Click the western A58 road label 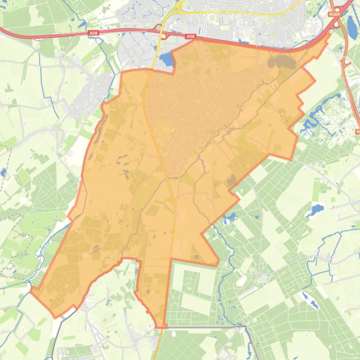(x=94, y=33)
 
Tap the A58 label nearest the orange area (x=190, y=36)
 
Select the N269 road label (x=334, y=14)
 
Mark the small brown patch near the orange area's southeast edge (x=231, y=180)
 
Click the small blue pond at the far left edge (x=3, y=173)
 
